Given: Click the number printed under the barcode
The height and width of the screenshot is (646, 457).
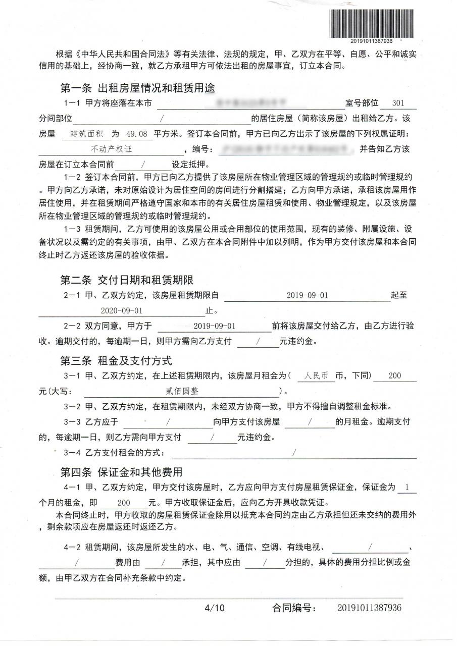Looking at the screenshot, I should point(374,40).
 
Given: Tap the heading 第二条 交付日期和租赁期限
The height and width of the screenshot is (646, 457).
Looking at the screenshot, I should point(127,280).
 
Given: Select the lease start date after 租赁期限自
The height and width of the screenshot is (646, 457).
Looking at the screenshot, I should point(307,295).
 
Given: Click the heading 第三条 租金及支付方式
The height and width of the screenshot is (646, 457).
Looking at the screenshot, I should point(116,361).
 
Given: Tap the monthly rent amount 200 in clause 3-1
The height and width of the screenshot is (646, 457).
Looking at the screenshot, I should point(395,376).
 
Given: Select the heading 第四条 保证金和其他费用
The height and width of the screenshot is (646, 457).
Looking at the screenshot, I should point(121,472).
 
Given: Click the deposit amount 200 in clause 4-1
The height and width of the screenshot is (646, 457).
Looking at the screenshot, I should point(124,503).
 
